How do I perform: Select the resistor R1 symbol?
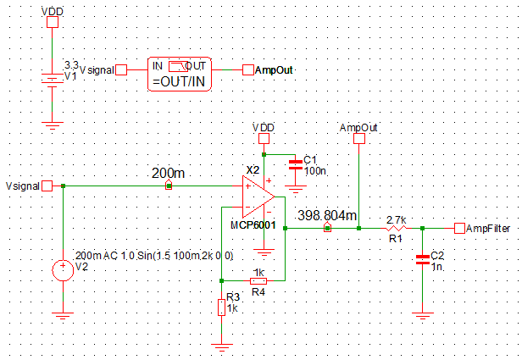(x=395, y=228)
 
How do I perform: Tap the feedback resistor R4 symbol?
(x=258, y=280)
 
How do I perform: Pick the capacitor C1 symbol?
(x=296, y=165)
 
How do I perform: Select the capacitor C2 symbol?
(x=421, y=261)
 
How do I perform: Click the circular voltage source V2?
(x=63, y=270)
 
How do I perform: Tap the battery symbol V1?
(x=53, y=79)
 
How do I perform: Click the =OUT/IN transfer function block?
(x=180, y=75)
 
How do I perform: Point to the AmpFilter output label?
(x=486, y=228)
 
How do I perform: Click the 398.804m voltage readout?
(x=327, y=214)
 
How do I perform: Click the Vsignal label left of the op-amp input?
(x=22, y=186)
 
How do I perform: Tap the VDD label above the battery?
(x=53, y=13)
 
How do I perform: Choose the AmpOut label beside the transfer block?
(x=274, y=69)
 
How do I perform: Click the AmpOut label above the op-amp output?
(x=358, y=127)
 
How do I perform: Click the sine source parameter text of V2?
(x=154, y=255)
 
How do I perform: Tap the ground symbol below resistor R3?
(x=222, y=345)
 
